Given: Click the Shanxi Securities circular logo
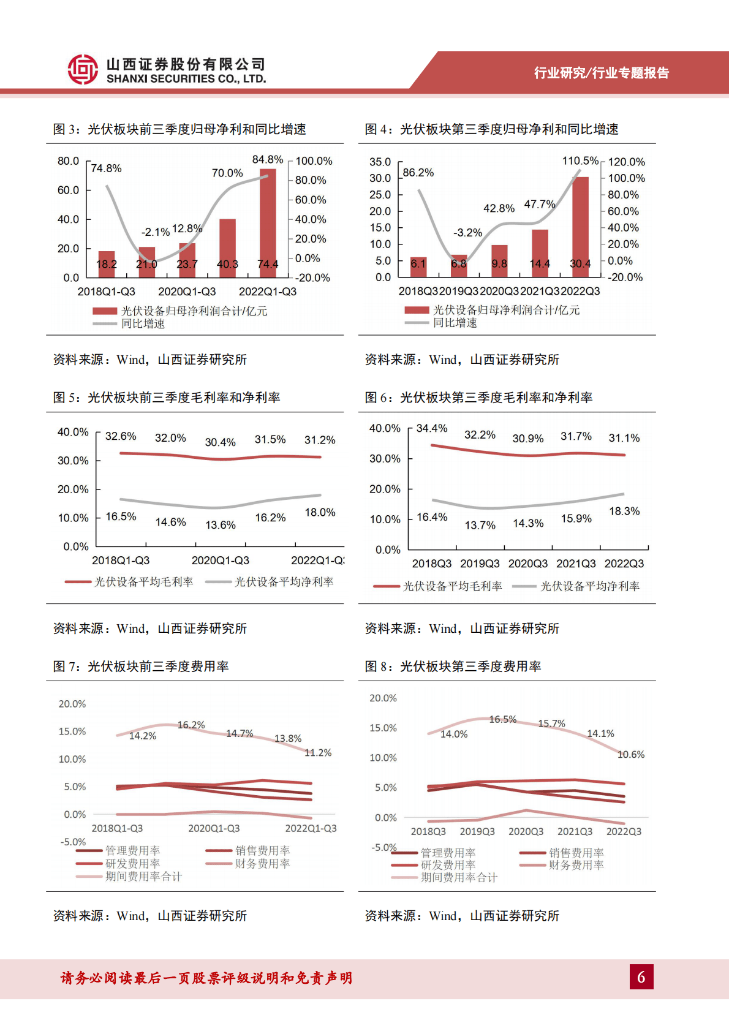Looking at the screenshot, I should click(83, 69).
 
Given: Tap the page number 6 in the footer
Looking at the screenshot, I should click(641, 976).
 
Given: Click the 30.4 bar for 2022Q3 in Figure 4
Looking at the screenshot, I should click(580, 227).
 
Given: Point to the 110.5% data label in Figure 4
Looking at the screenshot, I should click(580, 161).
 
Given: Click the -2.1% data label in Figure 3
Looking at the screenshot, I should click(155, 232).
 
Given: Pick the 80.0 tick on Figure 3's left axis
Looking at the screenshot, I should click(68, 161).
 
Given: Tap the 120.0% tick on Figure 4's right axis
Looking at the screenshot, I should click(626, 162).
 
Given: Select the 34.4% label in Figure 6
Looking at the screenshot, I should click(432, 428).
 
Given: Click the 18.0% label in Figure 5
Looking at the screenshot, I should click(320, 512).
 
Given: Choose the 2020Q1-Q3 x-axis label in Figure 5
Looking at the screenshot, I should click(220, 561).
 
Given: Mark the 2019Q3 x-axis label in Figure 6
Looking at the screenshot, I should click(480, 564).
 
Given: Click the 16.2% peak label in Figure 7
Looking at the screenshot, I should click(191, 725).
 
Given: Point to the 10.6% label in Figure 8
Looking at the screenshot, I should click(631, 754).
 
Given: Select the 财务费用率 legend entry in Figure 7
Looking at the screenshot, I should click(262, 864).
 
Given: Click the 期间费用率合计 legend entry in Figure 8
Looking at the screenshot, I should click(458, 877).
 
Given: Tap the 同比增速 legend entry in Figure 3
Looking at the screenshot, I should click(143, 324).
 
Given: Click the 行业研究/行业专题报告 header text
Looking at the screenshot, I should click(601, 73).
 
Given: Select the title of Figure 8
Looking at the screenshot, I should click(453, 666).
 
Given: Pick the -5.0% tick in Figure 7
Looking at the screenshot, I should click(73, 842).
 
